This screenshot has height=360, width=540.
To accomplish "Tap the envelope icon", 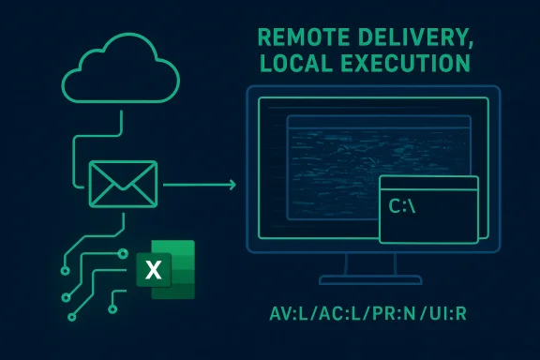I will pos(123,183).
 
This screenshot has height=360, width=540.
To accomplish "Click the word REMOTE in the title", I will pos(298,38).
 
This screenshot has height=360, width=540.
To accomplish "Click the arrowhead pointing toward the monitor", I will pos(231,184).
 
